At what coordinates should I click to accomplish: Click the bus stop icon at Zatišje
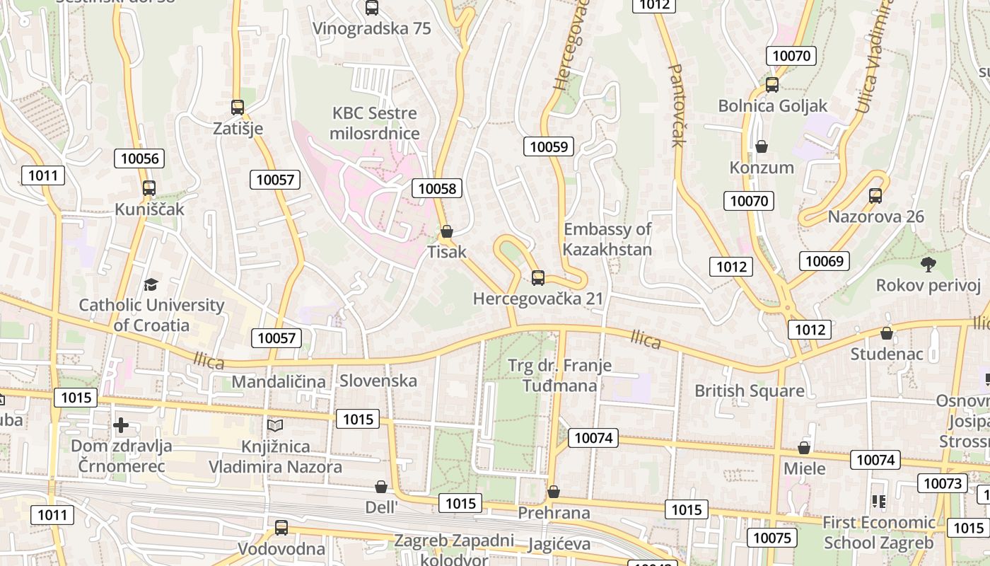[x=238, y=108]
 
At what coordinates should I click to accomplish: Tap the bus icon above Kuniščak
[x=148, y=188]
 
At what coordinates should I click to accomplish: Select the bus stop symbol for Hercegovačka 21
[x=538, y=278]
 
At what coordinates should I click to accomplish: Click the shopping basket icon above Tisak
[x=447, y=231]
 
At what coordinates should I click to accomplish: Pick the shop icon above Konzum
[x=762, y=147]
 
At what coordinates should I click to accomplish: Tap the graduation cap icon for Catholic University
[x=151, y=284]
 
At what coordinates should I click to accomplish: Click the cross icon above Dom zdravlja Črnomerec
[x=121, y=425]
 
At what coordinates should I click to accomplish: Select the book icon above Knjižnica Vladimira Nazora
[x=274, y=425]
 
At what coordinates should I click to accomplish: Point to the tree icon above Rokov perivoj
[x=928, y=265]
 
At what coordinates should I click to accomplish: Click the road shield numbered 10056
[x=139, y=158]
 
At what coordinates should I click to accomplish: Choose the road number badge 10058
[x=438, y=188]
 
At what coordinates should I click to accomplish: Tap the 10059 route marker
[x=549, y=147]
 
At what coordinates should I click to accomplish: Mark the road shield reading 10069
[x=825, y=261]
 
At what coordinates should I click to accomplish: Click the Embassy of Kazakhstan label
[x=607, y=239]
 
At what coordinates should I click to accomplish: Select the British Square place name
[x=749, y=391]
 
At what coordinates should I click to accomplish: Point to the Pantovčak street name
[x=676, y=105]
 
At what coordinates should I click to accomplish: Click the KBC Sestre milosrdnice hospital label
[x=375, y=123]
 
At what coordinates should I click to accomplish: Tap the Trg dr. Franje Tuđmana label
[x=559, y=375]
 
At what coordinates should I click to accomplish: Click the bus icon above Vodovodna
[x=281, y=527]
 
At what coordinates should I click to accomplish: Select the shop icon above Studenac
[x=886, y=333]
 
